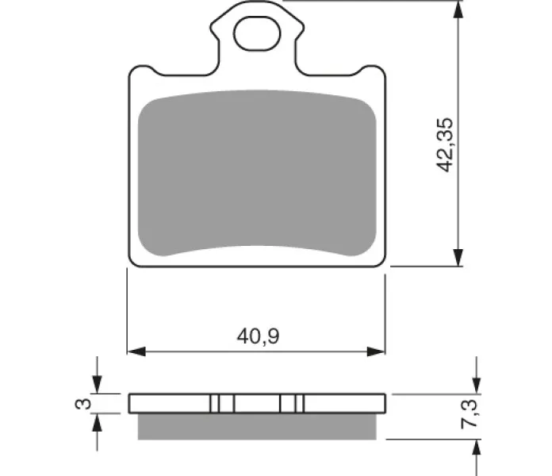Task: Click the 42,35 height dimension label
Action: (445, 144)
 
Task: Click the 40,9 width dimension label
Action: (258, 336)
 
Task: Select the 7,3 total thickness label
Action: (470, 413)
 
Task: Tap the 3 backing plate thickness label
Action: (83, 404)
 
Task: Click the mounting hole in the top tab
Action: (257, 34)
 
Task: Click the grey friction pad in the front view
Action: (257, 172)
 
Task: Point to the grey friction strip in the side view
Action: (257, 426)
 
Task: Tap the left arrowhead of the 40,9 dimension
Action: (136, 351)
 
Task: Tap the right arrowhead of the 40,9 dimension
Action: (376, 351)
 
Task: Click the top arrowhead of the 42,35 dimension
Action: (458, 10)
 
